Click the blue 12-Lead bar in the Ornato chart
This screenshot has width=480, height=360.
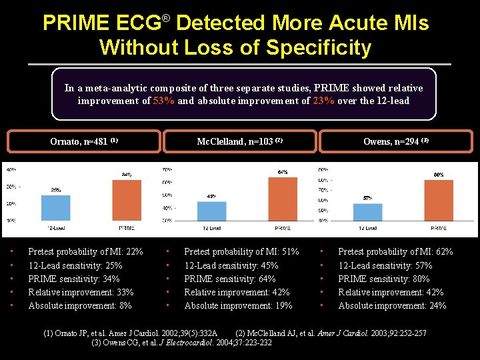click(x=55, y=207)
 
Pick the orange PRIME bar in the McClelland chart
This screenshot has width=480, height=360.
click(x=283, y=199)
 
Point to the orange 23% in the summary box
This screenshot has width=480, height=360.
click(x=323, y=101)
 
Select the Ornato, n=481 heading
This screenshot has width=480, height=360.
click(x=84, y=141)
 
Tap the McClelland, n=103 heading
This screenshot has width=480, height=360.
click(x=240, y=141)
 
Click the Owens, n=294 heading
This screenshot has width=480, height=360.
click(x=395, y=141)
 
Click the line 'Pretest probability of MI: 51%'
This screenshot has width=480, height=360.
click(x=241, y=252)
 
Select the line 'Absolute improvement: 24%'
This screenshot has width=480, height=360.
click(x=392, y=305)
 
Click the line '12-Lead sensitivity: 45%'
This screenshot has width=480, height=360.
click(x=231, y=265)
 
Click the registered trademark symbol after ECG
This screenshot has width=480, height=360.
click(x=166, y=18)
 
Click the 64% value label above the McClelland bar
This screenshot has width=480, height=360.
click(x=283, y=172)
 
